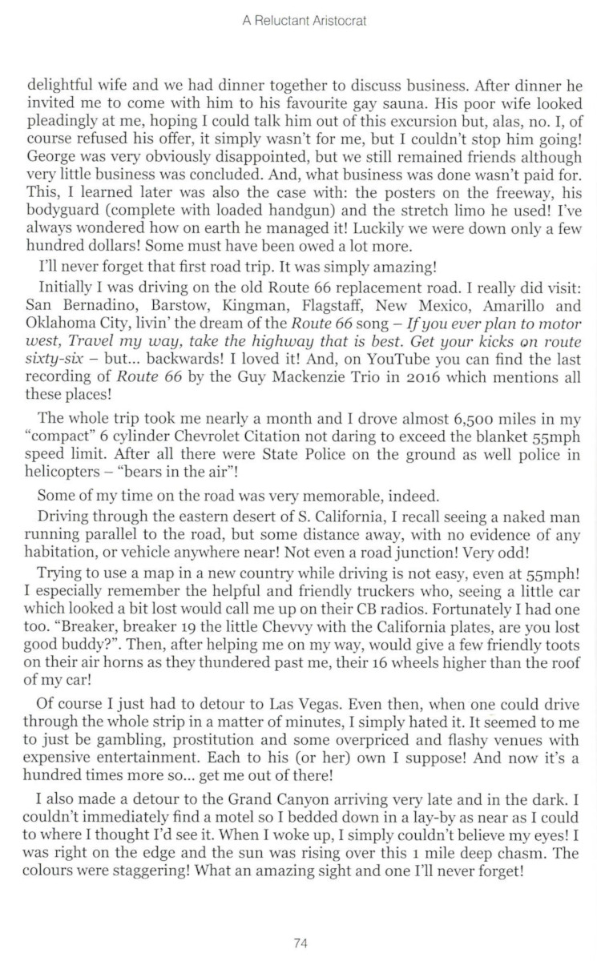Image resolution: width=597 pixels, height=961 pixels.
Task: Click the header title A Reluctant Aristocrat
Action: [304, 22]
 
